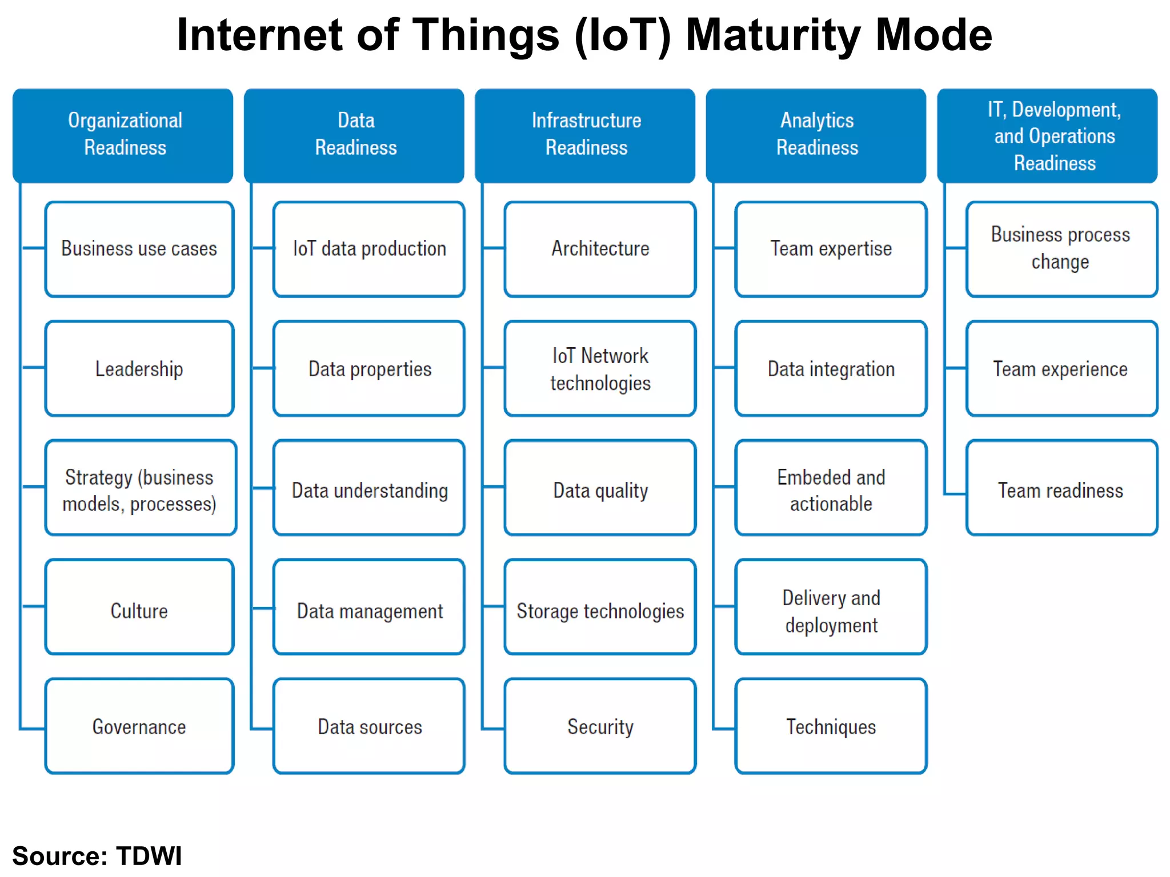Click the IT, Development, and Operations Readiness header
pyautogui.click(x=1047, y=135)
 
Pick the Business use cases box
pyautogui.click(x=139, y=249)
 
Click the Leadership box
pyautogui.click(x=139, y=369)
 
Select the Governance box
pyautogui.click(x=139, y=726)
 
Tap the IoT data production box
pyautogui.click(x=369, y=249)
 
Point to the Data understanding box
pyautogui.click(x=369, y=488)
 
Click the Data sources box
pyautogui.click(x=369, y=726)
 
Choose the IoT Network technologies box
pyautogui.click(x=600, y=369)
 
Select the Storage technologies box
pyautogui.click(x=600, y=607)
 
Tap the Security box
pyautogui.click(x=600, y=726)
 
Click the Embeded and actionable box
pyautogui.click(x=831, y=488)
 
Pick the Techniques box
pyautogui.click(x=831, y=726)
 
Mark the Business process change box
pyautogui.click(x=1061, y=249)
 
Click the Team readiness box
pyautogui.click(x=1061, y=488)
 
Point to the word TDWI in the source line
pyautogui.click(x=149, y=855)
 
